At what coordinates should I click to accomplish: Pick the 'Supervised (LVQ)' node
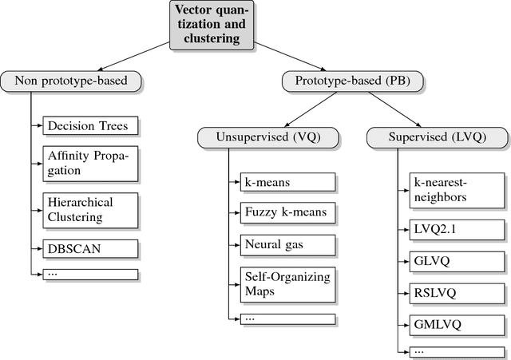(x=437, y=136)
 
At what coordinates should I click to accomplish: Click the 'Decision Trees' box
(x=90, y=126)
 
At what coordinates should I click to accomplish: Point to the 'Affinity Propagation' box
(x=90, y=163)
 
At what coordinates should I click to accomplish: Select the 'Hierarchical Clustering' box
(x=90, y=209)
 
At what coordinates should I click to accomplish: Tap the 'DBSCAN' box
(x=90, y=247)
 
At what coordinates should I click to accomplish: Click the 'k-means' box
(x=288, y=183)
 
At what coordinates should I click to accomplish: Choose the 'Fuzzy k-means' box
(x=288, y=213)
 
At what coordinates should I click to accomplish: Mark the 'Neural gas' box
(x=288, y=243)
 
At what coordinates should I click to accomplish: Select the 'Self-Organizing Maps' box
(x=288, y=283)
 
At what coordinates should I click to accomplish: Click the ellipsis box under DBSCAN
(x=90, y=274)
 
